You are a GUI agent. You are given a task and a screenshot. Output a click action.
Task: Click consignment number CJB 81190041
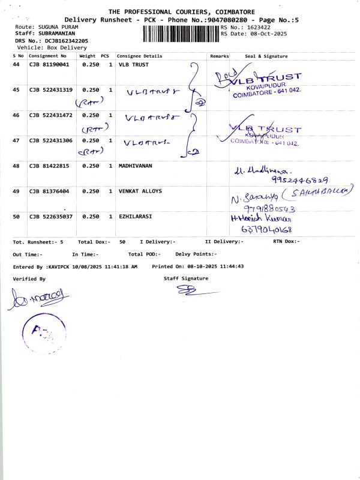pyautogui.click(x=49, y=64)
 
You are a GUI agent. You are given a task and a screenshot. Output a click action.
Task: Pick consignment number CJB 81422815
pyautogui.click(x=49, y=166)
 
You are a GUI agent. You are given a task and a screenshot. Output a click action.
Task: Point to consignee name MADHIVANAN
pyautogui.click(x=136, y=166)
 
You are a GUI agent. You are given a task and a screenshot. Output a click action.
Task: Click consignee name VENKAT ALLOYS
pyautogui.click(x=140, y=191)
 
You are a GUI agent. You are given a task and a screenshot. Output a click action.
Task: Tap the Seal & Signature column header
pyautogui.click(x=266, y=56)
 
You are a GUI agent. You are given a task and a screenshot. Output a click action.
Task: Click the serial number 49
pyautogui.click(x=16, y=191)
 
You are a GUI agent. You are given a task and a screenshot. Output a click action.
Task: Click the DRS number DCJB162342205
pyautogui.click(x=62, y=40)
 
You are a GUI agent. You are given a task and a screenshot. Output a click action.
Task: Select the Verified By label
pyautogui.click(x=29, y=279)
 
